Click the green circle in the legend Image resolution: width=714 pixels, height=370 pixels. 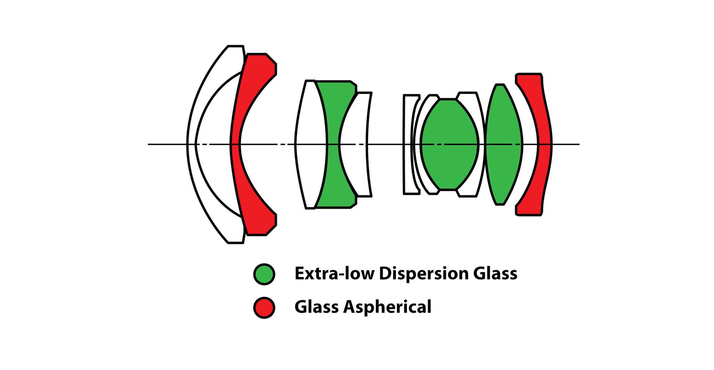click(x=264, y=274)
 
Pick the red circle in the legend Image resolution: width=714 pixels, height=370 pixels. click(x=264, y=307)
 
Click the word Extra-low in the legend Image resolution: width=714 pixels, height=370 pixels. click(x=334, y=274)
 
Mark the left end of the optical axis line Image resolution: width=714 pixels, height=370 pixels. click(x=149, y=144)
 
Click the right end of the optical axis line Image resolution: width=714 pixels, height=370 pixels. click(x=578, y=144)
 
